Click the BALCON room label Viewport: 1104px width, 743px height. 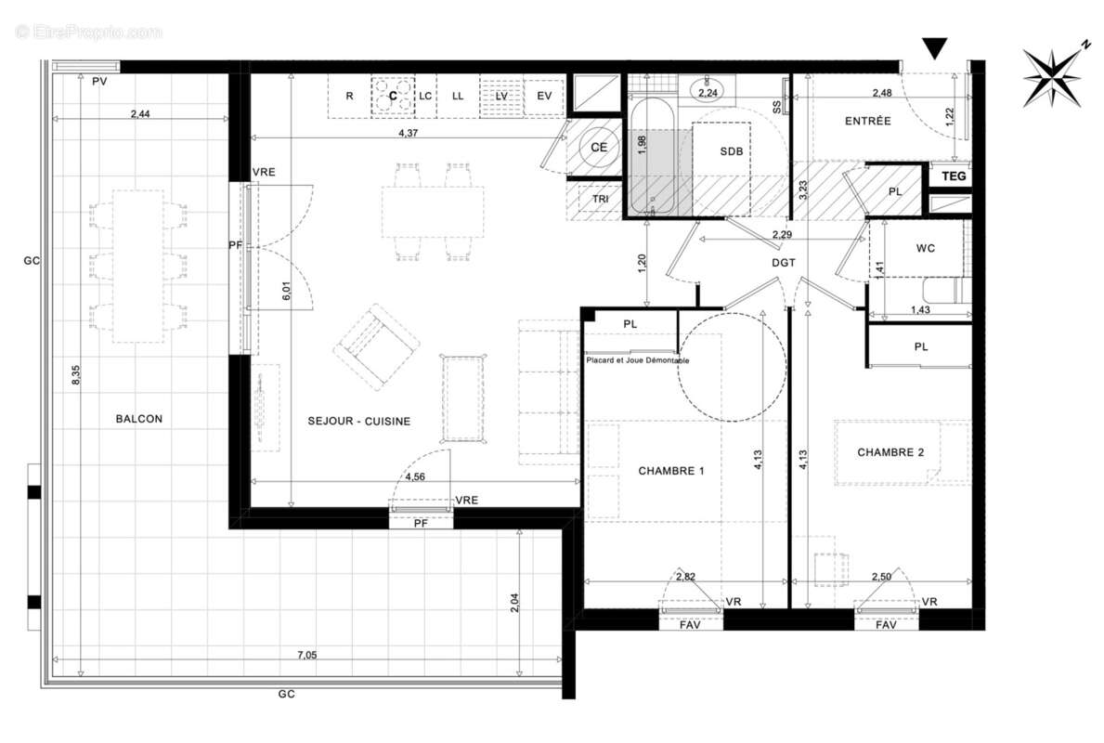(x=138, y=419)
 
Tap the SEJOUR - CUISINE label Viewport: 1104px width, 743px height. (x=359, y=422)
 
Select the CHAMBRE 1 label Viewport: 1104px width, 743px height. (x=671, y=471)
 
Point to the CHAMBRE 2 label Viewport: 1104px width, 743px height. (x=890, y=453)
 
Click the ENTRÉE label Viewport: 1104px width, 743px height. (x=867, y=121)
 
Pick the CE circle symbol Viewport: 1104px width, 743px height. (x=598, y=147)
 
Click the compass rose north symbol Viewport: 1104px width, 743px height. (x=1054, y=75)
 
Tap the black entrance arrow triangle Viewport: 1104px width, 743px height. (x=935, y=48)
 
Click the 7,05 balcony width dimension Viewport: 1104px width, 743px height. (x=306, y=656)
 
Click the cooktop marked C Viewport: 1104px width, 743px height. (x=393, y=95)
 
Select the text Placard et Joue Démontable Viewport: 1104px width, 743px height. (x=637, y=361)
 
